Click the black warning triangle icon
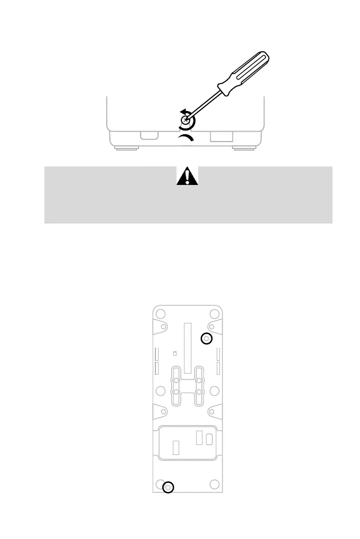[x=187, y=175]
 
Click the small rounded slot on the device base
[x=149, y=136]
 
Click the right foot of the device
[x=244, y=148]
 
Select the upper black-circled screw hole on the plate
[x=207, y=338]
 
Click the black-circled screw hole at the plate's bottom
[x=168, y=487]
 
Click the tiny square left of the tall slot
[x=174, y=354]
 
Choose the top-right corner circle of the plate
[x=214, y=313]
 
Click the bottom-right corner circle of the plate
[x=214, y=484]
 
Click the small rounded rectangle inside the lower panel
[x=209, y=439]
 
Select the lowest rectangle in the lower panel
[x=177, y=448]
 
